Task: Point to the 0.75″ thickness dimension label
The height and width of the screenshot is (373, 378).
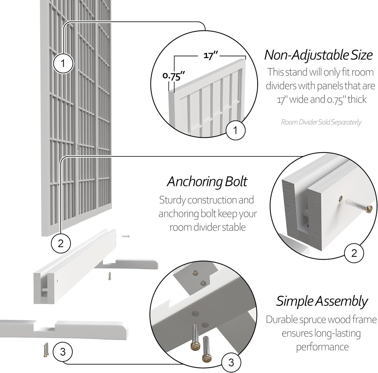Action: point(174,76)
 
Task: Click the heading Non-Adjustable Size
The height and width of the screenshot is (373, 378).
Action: point(318,55)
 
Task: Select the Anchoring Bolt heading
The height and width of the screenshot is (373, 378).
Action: point(207,181)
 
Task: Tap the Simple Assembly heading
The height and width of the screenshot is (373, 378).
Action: point(322,301)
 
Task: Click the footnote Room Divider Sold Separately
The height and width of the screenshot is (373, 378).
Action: point(321,122)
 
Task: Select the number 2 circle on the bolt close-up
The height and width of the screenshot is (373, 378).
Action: point(354,253)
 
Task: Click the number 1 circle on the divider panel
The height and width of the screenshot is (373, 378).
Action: point(63,63)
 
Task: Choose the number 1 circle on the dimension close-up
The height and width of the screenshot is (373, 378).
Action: point(235,130)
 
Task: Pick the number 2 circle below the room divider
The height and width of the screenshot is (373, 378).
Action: point(61,244)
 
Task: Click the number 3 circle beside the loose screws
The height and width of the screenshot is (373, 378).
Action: point(63,352)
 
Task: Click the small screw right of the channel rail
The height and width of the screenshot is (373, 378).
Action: point(125,236)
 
